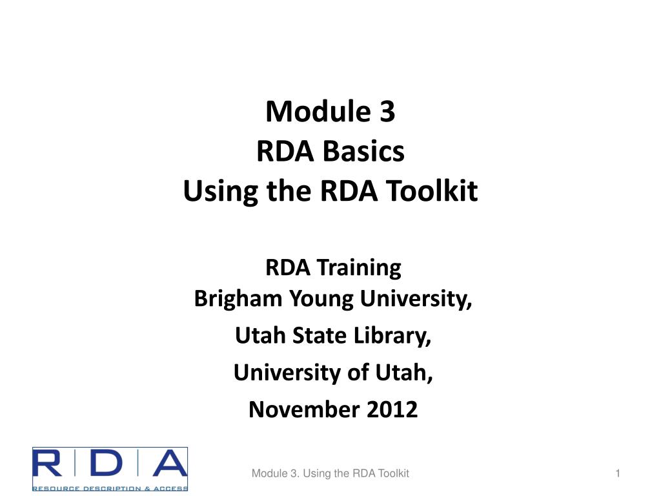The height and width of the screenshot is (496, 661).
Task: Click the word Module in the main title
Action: [x=318, y=111]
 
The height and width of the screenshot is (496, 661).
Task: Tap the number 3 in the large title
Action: [x=387, y=111]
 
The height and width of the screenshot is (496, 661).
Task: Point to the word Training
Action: [x=359, y=268]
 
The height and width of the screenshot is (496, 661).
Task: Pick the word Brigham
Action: [x=238, y=298]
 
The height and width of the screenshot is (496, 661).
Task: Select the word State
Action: [x=319, y=335]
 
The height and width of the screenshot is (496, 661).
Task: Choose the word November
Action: [x=304, y=409]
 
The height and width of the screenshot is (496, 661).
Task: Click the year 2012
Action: [x=392, y=409]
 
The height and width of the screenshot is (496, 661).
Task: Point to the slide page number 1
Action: [x=618, y=473]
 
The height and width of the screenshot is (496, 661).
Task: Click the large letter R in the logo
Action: [x=47, y=463]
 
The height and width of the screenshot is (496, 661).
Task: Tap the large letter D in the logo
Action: [x=107, y=463]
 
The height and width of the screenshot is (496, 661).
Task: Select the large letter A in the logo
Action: [x=170, y=463]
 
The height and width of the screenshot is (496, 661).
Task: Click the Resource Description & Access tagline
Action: [x=110, y=488]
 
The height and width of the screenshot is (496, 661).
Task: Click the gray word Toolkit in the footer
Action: [x=393, y=473]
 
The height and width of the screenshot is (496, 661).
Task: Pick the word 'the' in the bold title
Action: [x=290, y=191]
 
